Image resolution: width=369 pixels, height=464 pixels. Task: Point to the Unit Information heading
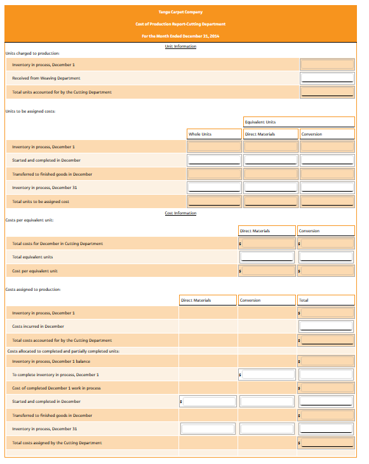180,46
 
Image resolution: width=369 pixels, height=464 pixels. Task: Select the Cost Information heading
180,213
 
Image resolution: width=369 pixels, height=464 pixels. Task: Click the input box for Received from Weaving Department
327,78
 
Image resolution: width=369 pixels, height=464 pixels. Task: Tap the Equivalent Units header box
299,122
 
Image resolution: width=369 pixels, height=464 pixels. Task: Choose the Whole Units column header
213,134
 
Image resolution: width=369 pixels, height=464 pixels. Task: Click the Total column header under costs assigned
326,300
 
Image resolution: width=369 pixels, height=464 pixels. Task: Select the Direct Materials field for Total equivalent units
267,257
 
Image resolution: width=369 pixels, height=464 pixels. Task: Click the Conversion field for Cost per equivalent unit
326,271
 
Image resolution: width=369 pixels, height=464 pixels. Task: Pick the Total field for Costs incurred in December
326,327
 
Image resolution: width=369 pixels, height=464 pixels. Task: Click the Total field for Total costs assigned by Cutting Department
326,442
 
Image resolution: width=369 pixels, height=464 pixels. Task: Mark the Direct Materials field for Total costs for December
267,244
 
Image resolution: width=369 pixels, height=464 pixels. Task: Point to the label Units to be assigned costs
30,111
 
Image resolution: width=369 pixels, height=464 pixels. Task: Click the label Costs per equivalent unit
29,220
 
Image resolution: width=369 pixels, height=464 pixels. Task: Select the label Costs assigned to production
32,289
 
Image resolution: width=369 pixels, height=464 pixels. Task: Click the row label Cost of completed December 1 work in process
56,388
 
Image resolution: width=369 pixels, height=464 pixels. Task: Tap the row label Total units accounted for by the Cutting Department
62,92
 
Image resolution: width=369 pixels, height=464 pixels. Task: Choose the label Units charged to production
32,53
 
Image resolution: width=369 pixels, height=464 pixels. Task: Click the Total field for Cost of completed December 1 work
326,388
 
